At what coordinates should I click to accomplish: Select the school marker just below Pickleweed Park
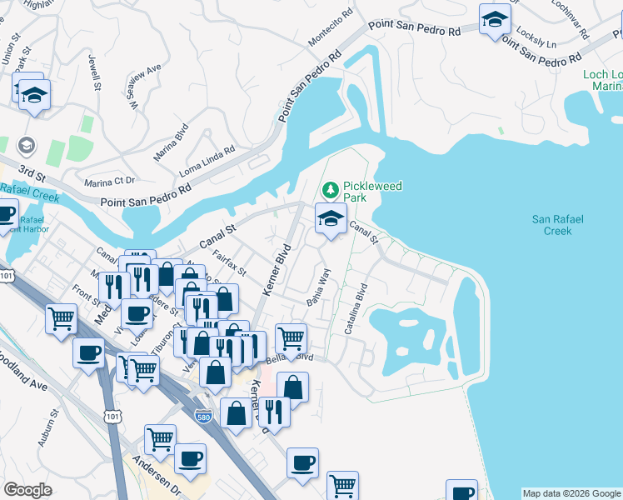tap(331, 219)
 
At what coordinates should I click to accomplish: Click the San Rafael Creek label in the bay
tap(558, 225)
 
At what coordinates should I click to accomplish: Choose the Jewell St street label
tap(95, 72)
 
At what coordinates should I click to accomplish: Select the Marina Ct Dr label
tap(109, 181)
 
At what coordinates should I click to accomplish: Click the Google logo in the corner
tap(27, 490)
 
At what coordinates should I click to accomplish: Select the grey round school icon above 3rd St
tap(27, 146)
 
